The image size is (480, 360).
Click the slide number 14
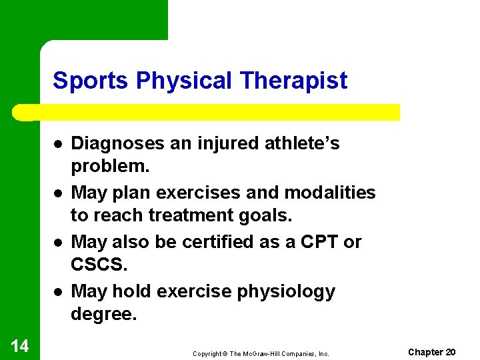click(20, 345)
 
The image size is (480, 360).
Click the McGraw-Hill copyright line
click(261, 354)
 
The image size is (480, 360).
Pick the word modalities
click(330, 193)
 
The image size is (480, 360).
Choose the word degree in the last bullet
click(103, 313)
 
